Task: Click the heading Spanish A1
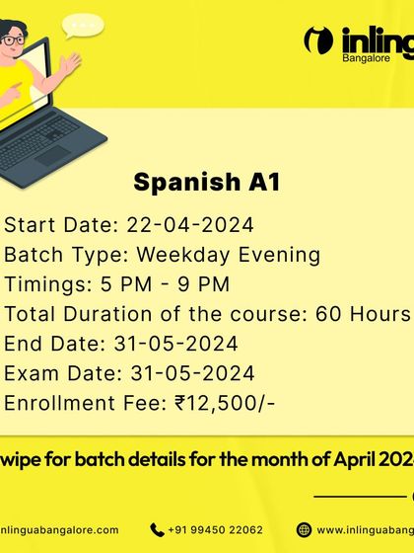coord(207,183)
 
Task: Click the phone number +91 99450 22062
coord(214,529)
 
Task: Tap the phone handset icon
coord(158,529)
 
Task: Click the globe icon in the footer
coord(304,529)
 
